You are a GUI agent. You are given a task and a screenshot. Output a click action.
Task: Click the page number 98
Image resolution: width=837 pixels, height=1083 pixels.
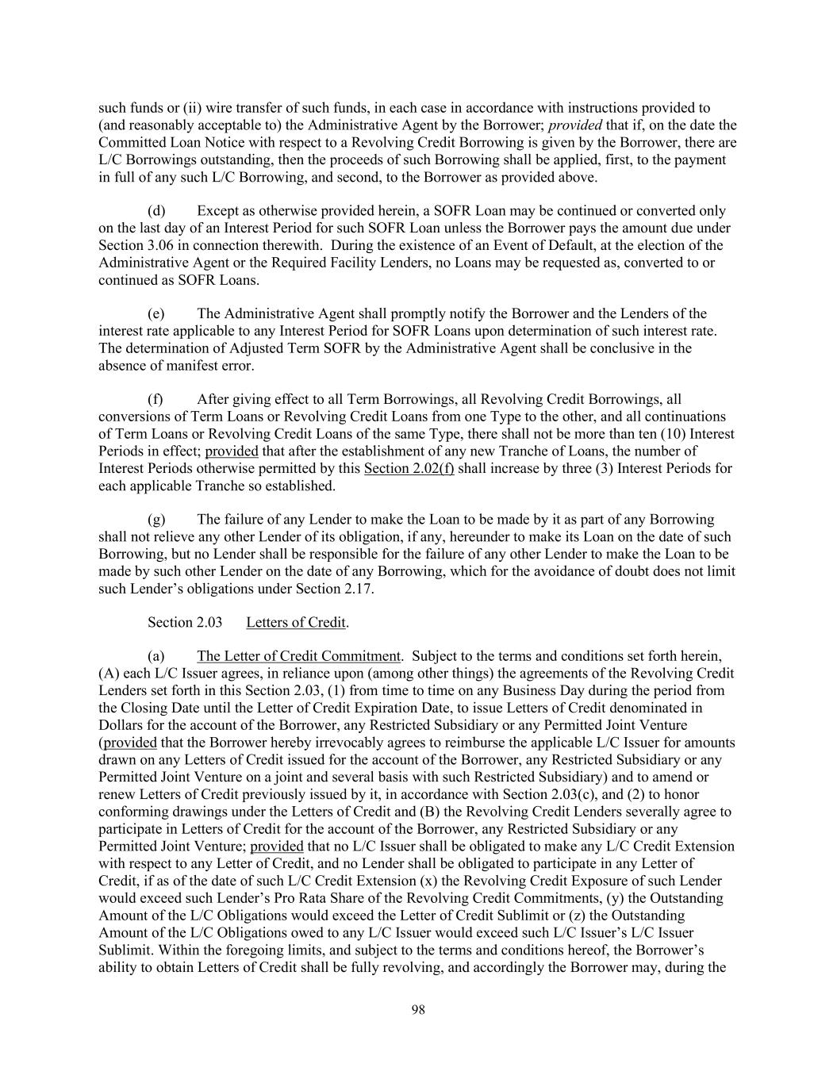[x=418, y=1009]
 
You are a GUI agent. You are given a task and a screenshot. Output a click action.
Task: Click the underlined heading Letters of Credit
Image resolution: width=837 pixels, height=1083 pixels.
[x=296, y=622]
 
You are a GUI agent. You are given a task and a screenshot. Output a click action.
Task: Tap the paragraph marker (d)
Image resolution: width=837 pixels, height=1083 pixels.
[x=156, y=210]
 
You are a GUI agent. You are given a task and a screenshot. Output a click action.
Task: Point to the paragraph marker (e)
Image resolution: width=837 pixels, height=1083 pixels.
[x=156, y=313]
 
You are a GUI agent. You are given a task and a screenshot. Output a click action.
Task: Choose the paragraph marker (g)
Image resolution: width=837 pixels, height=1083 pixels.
[x=156, y=520]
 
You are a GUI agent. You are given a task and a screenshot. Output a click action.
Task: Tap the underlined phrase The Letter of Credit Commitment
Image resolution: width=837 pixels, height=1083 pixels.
[x=298, y=656]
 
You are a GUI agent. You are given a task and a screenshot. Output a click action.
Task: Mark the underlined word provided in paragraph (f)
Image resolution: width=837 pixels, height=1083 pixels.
[x=232, y=451]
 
